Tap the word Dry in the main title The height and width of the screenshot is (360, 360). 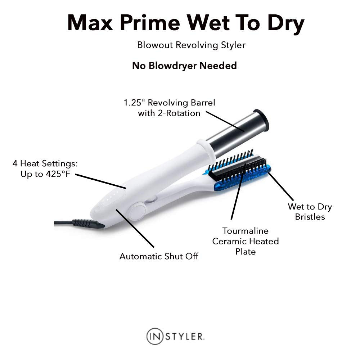click(286, 24)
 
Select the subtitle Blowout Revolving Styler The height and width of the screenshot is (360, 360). click(191, 45)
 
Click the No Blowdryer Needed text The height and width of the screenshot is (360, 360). click(184, 66)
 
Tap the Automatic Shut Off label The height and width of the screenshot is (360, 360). click(159, 256)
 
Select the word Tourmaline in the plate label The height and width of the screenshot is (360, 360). click(245, 231)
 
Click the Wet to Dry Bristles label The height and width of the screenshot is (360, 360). click(310, 212)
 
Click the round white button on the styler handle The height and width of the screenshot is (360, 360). click(138, 211)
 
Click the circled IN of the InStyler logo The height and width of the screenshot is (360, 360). click(155, 336)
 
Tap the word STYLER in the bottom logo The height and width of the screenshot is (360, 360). click(184, 337)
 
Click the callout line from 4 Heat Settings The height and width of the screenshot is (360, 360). click(100, 181)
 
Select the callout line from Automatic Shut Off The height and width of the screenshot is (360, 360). click(135, 228)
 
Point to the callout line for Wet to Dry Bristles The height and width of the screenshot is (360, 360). click(281, 186)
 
